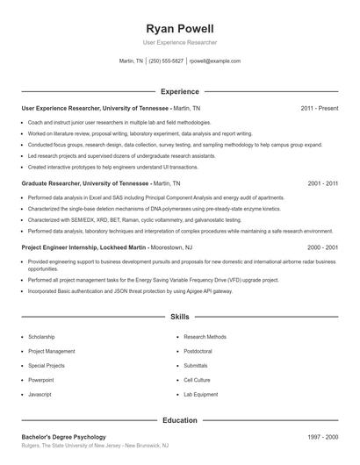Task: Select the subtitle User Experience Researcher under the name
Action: pos(179,42)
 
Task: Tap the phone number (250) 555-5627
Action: pos(167,61)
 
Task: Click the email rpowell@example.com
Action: pos(216,61)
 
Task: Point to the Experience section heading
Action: pos(179,91)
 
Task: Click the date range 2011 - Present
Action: pos(319,108)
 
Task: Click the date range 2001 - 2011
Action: pos(322,184)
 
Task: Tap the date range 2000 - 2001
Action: pos(322,248)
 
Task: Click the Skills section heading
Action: pos(179,316)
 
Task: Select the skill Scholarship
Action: pos(42,337)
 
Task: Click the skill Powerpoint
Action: pos(41,380)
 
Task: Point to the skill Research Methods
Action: pos(205,337)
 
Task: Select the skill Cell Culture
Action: pos(197,380)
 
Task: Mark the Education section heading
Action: pos(179,420)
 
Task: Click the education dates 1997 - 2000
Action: pos(322,437)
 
